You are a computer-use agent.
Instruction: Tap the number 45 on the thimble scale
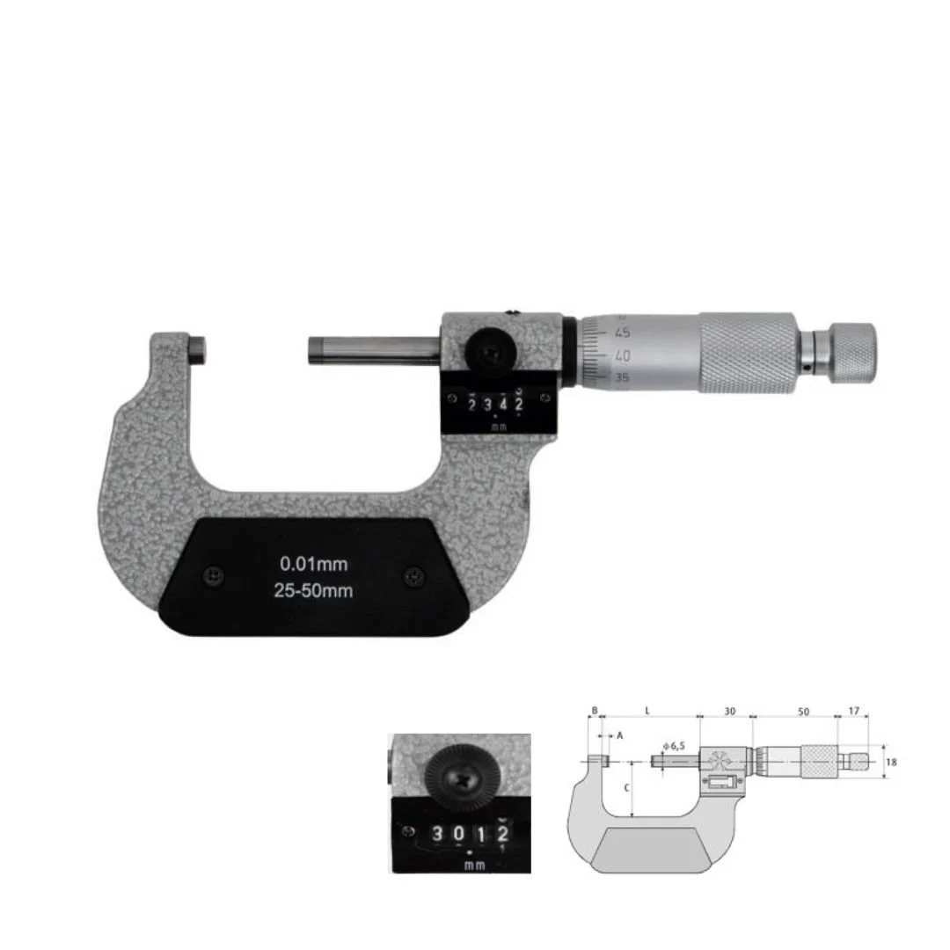[x=624, y=332]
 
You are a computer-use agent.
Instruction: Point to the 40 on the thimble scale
[x=623, y=356]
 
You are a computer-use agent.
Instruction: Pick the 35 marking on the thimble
[x=623, y=378]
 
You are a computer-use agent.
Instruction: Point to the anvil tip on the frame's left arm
[x=199, y=348]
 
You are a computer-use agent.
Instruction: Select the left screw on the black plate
[x=211, y=575]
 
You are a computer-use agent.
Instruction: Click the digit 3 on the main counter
[x=487, y=405]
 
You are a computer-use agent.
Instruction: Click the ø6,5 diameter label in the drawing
[x=674, y=746]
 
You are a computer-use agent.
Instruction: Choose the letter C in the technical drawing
[x=626, y=788]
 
